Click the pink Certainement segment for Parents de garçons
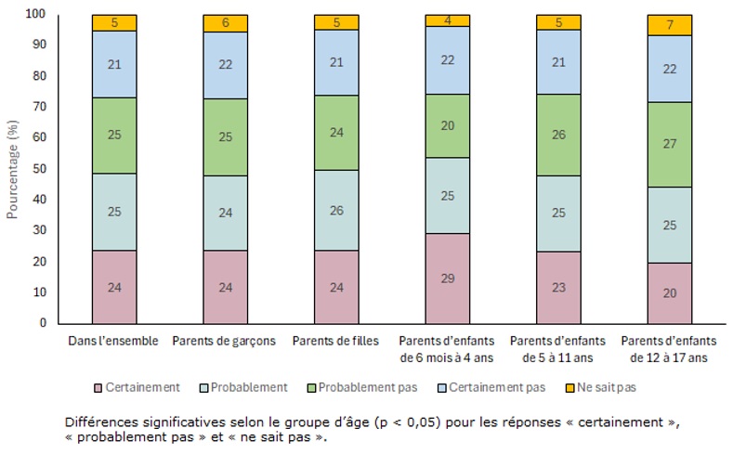point(225,287)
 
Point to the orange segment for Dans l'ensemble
point(114,23)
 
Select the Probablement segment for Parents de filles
point(336,211)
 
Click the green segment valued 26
point(559,136)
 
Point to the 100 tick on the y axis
point(36,14)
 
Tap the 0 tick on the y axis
point(42,323)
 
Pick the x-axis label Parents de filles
point(336,341)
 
